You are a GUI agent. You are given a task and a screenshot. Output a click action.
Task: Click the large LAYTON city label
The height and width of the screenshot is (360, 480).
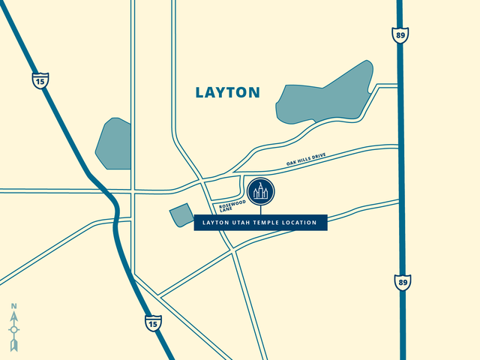coord(227,92)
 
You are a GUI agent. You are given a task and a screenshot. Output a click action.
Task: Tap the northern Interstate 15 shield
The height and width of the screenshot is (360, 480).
coord(39,79)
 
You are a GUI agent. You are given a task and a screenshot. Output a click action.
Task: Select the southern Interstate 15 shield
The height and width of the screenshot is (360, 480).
coord(152,322)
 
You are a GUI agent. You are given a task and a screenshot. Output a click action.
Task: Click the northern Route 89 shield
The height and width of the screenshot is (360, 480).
coord(400,34)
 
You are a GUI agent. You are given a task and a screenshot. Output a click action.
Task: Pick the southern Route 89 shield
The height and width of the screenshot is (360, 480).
coord(403,283)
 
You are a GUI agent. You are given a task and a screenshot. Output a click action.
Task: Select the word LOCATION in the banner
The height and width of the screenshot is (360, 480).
coord(306,223)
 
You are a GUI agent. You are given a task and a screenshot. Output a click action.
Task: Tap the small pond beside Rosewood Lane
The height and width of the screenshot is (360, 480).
coord(181,215)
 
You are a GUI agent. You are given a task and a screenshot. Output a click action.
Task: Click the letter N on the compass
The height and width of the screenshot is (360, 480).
coord(14,306)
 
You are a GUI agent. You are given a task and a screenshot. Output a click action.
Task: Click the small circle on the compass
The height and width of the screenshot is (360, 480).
coord(14,329)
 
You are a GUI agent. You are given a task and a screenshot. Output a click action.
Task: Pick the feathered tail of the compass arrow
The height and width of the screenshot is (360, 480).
coord(14,344)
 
